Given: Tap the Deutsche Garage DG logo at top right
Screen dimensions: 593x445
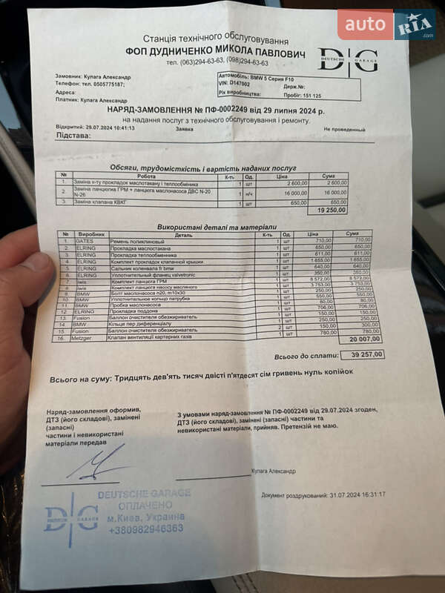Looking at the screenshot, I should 348,59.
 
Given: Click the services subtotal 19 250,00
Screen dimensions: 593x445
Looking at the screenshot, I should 331,211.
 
